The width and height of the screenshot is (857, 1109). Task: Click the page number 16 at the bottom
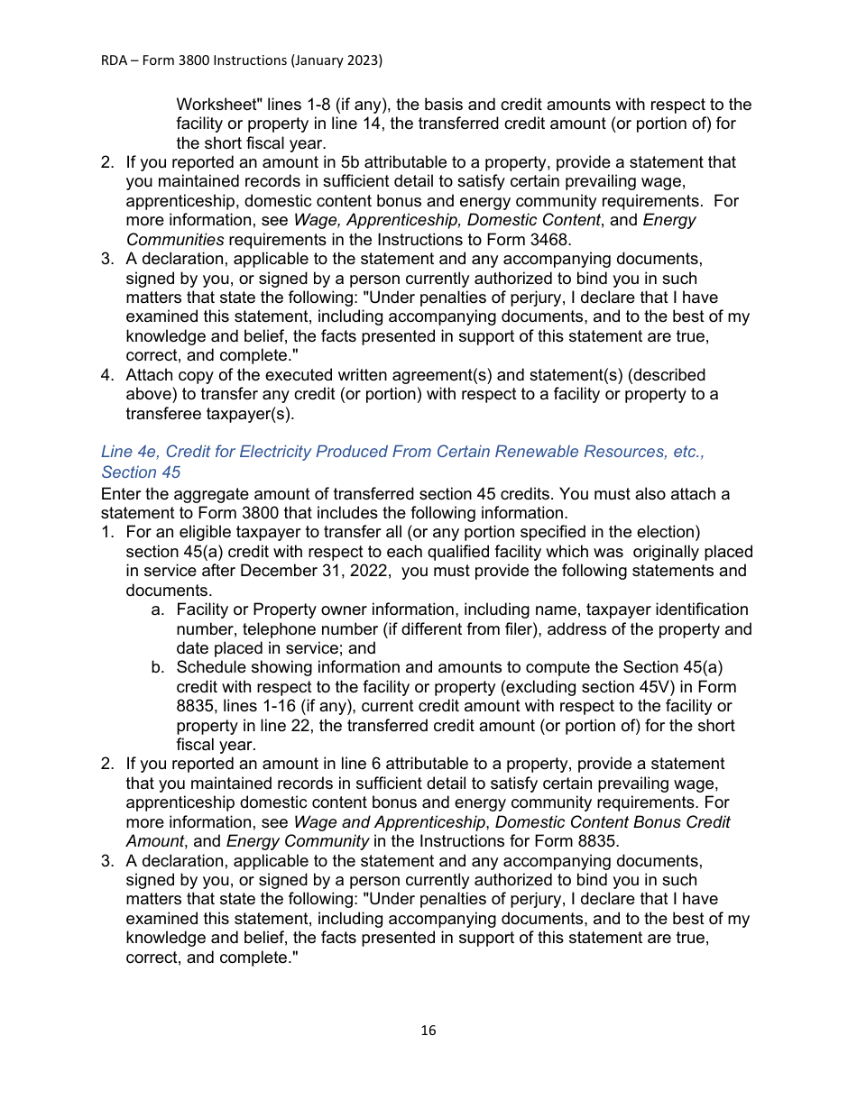tap(428, 1031)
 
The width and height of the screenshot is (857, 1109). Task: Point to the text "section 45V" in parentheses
tap(636, 686)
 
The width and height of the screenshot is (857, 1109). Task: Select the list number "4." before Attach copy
tap(107, 374)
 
